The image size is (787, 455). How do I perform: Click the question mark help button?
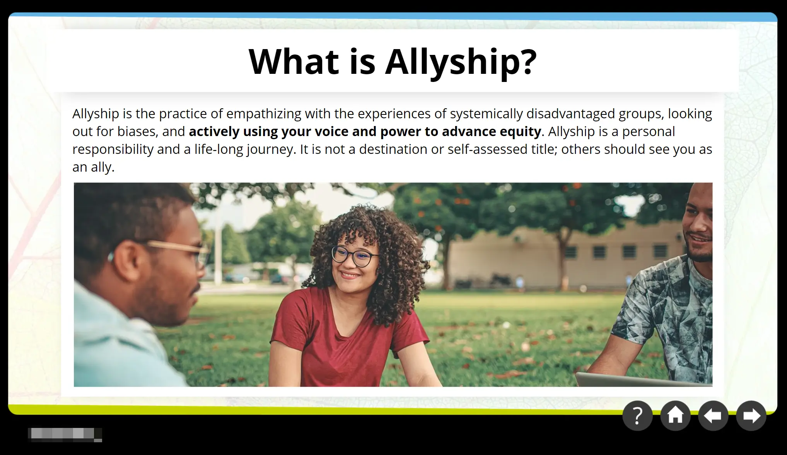(x=637, y=416)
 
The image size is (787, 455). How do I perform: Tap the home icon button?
(x=675, y=416)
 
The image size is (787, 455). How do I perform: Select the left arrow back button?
(x=713, y=416)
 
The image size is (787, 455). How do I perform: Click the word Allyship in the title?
(x=461, y=62)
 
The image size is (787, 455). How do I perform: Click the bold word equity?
(x=520, y=132)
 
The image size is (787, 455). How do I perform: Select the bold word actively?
(x=214, y=132)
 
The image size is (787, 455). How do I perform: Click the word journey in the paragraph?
(x=271, y=150)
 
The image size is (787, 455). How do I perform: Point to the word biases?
(x=138, y=131)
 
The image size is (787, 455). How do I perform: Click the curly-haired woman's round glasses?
(x=355, y=256)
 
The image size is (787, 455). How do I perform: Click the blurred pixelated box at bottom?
(x=65, y=435)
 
